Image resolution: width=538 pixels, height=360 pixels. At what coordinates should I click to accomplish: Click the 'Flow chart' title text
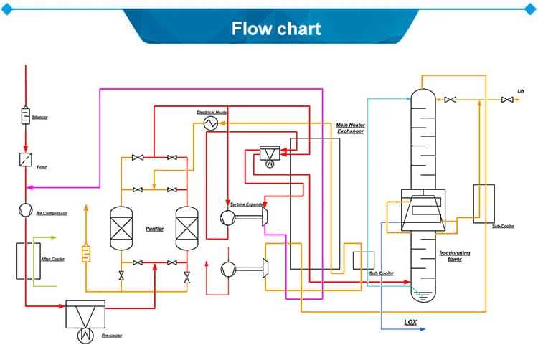tap(276, 29)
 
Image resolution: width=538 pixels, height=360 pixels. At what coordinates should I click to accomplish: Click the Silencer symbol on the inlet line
tap(26, 115)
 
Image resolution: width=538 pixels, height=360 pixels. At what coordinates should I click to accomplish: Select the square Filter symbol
tap(26, 159)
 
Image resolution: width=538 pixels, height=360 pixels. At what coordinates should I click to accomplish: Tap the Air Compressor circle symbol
tap(26, 209)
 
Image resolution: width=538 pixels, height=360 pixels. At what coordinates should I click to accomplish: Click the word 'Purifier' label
tap(154, 229)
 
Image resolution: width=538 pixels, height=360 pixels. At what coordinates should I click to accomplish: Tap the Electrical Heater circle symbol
tap(210, 123)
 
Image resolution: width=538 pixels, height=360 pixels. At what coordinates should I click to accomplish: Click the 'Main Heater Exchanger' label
tap(350, 128)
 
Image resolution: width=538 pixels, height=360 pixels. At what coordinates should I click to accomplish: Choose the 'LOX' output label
tap(410, 322)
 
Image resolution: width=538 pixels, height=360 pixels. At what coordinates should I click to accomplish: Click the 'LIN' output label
tap(521, 91)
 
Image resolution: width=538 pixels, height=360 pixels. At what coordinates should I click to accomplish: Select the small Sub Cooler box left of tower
tap(364, 260)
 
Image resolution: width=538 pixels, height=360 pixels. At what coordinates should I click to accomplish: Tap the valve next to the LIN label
tap(507, 100)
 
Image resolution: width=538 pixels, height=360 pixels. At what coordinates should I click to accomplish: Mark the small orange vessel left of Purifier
tap(87, 253)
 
